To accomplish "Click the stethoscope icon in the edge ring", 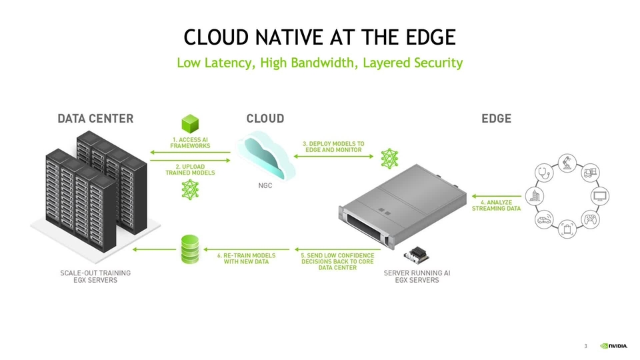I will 543,172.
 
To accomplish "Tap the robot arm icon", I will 567,162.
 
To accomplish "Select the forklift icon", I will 590,173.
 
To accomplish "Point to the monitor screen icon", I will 600,197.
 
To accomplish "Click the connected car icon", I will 543,220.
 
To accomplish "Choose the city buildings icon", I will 534,196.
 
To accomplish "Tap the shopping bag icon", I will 567,230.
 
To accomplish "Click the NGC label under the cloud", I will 265,185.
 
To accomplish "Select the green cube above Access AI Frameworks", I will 191,123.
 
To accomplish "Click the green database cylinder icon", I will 191,249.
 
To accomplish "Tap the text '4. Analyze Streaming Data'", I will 496,205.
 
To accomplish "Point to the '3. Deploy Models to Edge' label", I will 333,147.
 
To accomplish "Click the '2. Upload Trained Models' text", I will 190,169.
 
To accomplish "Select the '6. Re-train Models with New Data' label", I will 246,259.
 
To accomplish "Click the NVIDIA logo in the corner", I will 613,346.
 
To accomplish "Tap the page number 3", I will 585,346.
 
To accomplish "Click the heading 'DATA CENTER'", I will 95,119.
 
